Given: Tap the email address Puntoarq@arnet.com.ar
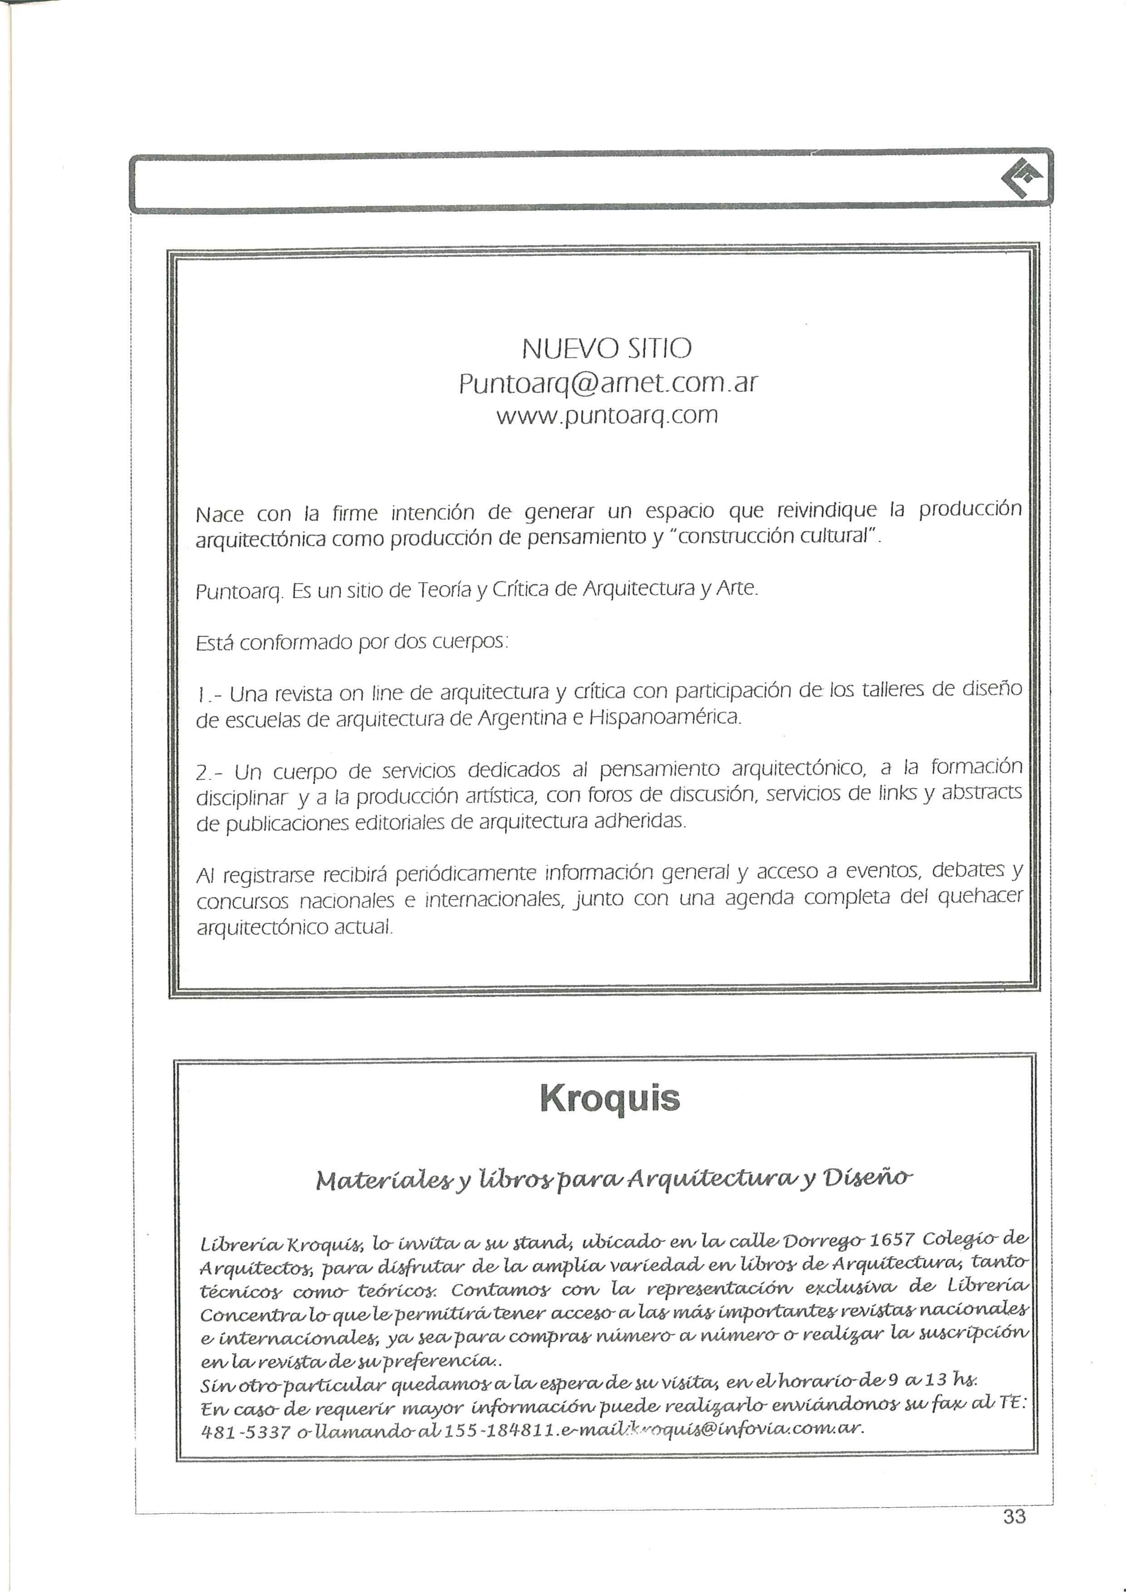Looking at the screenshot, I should (x=608, y=383).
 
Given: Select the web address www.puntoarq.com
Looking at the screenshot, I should (x=607, y=416).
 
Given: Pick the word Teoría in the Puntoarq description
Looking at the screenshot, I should (x=444, y=590).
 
